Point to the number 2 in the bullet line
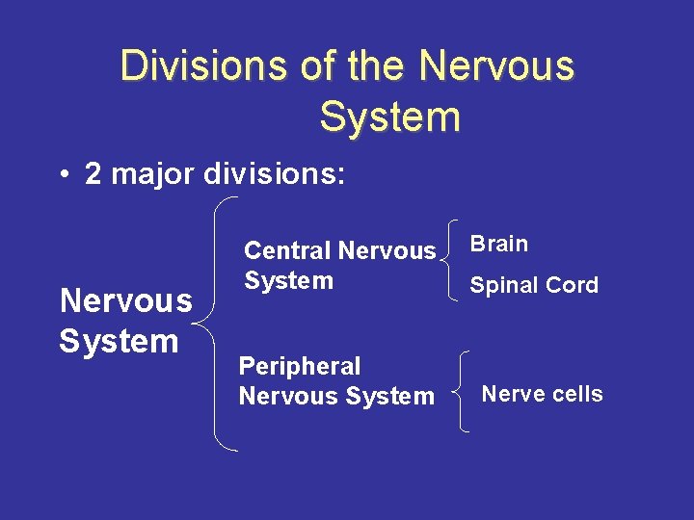(93, 173)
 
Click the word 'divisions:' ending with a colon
(274, 173)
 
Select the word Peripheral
(300, 366)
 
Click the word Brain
(499, 244)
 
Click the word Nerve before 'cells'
(512, 394)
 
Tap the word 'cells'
(576, 394)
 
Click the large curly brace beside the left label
(222, 323)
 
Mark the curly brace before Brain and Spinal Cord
(452, 262)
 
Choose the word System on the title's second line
(389, 117)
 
